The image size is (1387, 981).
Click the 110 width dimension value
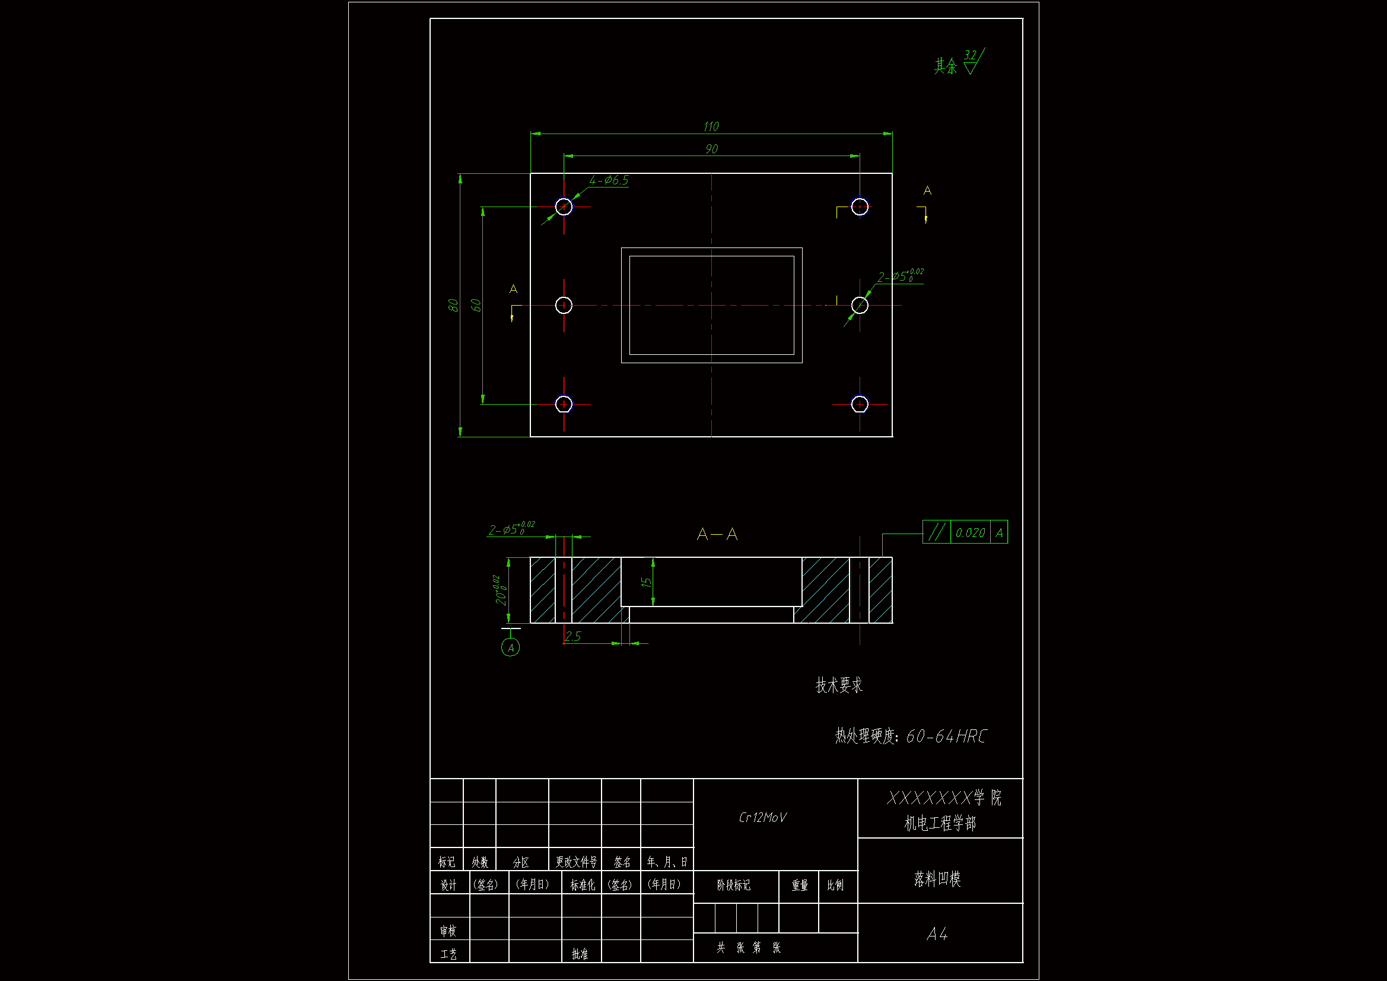[711, 126]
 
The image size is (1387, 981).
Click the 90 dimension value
[712, 149]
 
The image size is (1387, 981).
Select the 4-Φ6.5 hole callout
[609, 180]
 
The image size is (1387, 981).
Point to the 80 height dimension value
[453, 305]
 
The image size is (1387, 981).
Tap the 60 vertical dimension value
[476, 305]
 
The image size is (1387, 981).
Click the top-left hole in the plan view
[564, 207]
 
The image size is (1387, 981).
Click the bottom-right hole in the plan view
[860, 404]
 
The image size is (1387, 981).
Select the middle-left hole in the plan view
[564, 305]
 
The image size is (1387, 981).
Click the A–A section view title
[717, 534]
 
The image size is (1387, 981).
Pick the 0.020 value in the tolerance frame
[970, 532]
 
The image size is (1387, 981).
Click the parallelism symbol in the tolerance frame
[936, 532]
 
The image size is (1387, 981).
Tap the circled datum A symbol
[510, 648]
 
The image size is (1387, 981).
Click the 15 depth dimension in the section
[646, 582]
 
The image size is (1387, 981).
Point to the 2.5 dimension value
[572, 636]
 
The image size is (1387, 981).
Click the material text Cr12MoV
[762, 818]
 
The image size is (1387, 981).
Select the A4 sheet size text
[937, 935]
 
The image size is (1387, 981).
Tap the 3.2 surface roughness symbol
[971, 62]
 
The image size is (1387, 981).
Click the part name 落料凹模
[937, 879]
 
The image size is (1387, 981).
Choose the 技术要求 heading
[839, 685]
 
